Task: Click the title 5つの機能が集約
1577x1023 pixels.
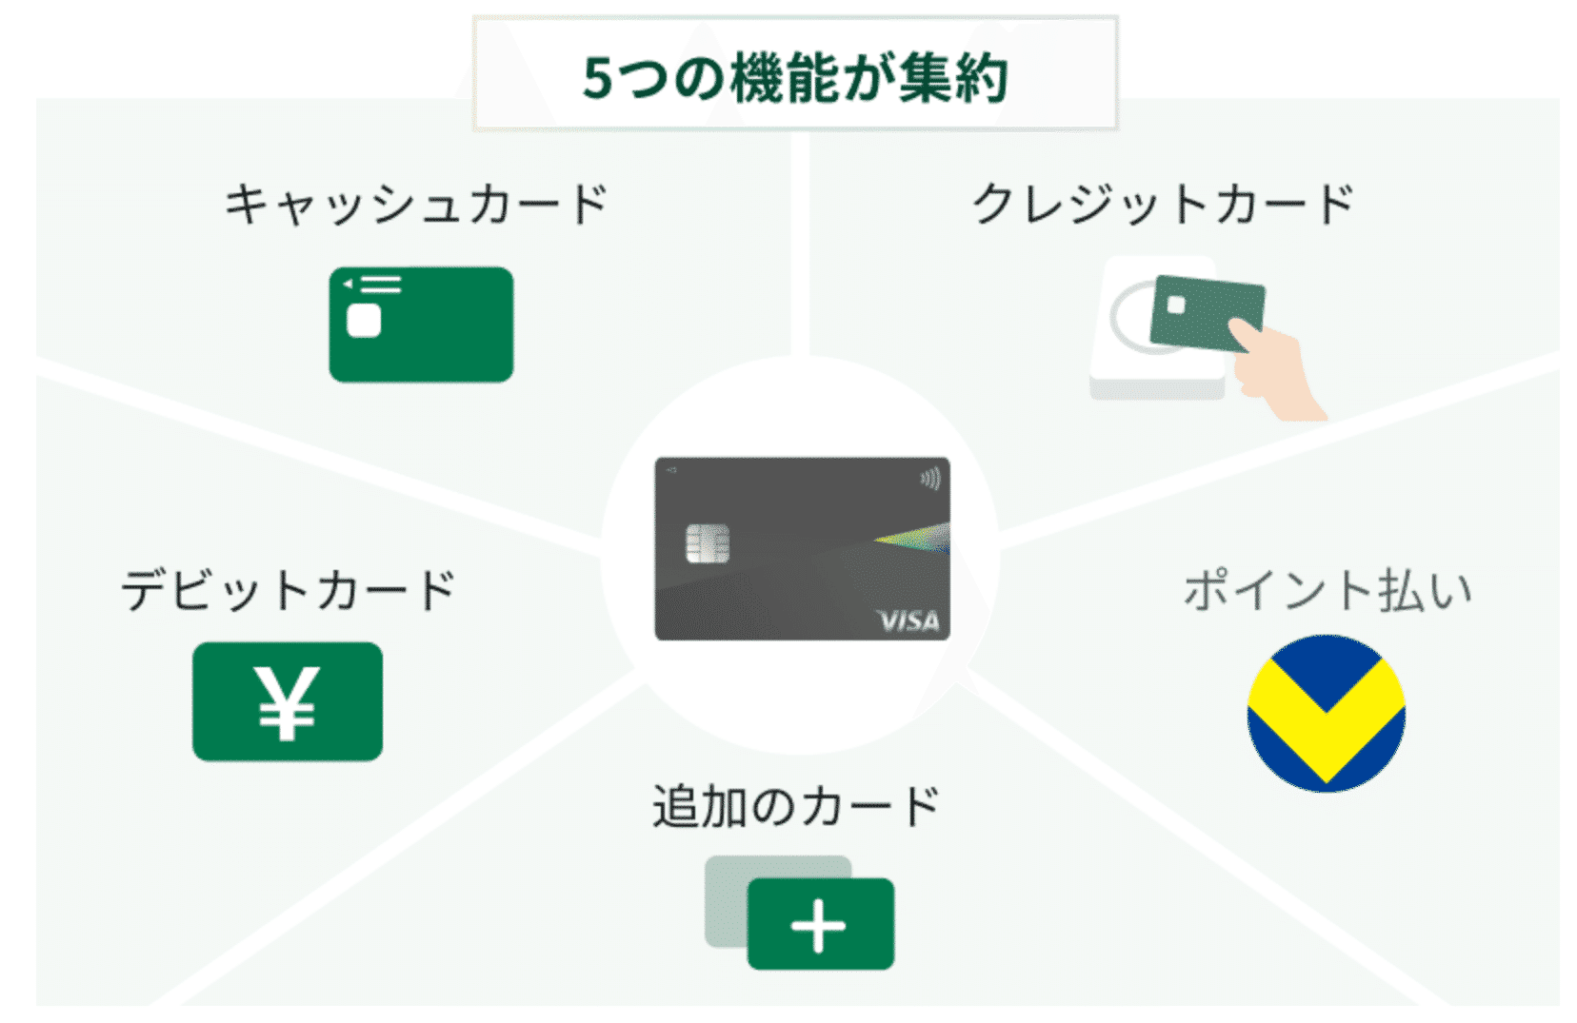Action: pyautogui.click(x=795, y=78)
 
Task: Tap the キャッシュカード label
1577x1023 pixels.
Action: pyautogui.click(x=416, y=204)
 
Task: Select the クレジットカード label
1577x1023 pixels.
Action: pyautogui.click(x=1163, y=204)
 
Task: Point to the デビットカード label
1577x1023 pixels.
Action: pyautogui.click(x=289, y=590)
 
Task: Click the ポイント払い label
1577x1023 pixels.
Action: pyautogui.click(x=1327, y=590)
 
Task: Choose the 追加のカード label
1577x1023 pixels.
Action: pyautogui.click(x=796, y=807)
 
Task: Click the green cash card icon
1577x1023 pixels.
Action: pyautogui.click(x=421, y=325)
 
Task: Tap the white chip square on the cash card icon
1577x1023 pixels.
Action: pyautogui.click(x=364, y=321)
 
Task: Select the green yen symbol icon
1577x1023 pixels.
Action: pyautogui.click(x=287, y=702)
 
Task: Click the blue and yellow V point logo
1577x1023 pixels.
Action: pyautogui.click(x=1326, y=714)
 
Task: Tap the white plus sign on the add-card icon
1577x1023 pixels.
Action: pyautogui.click(x=819, y=925)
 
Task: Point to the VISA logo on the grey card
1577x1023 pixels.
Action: pyautogui.click(x=908, y=621)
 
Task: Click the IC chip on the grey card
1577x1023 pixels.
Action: pyautogui.click(x=708, y=544)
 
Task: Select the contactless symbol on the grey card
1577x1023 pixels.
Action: pyautogui.click(x=930, y=478)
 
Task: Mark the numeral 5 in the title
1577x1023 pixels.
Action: pyautogui.click(x=597, y=78)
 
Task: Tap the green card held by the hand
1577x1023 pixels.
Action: pyautogui.click(x=1206, y=310)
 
